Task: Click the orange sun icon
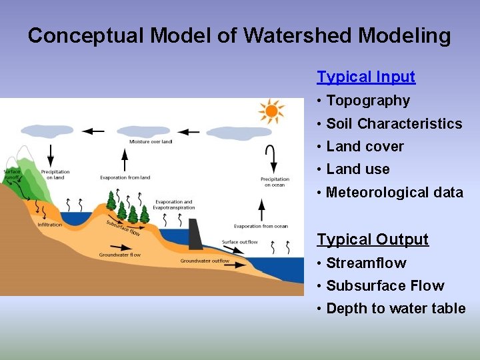point(271,111)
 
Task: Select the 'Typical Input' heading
point(366,77)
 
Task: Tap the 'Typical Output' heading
point(373,239)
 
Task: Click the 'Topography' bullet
point(368,101)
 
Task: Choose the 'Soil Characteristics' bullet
point(394,124)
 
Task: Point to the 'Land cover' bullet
point(365,147)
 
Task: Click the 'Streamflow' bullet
point(366,263)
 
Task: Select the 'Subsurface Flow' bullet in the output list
point(385,286)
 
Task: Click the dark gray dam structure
point(196,233)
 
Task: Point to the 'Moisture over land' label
point(151,141)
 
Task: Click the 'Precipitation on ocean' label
point(275,181)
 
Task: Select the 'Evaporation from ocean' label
point(261,227)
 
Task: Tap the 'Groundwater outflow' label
point(205,261)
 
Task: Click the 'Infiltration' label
point(49,225)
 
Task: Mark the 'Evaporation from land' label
point(125,177)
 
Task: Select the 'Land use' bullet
point(358,169)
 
